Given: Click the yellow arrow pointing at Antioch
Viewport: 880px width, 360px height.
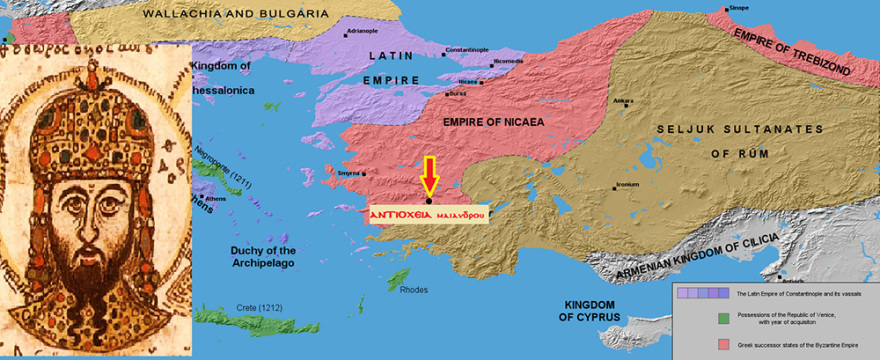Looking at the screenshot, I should [430, 175].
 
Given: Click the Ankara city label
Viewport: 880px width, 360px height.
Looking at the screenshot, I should [623, 101].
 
